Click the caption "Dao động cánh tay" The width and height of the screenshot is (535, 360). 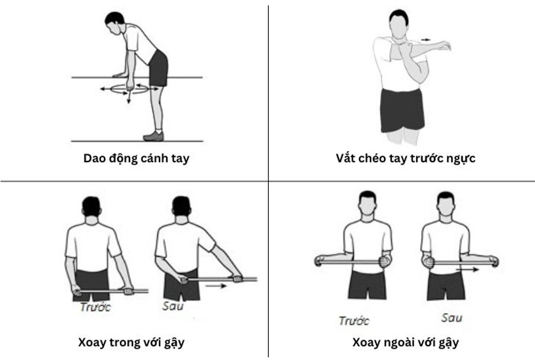pyautogui.click(x=136, y=158)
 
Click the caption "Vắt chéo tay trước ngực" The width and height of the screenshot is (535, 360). pyautogui.click(x=405, y=158)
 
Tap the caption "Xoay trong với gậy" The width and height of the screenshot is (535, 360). pyautogui.click(x=131, y=342)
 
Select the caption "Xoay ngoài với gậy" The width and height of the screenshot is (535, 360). pyautogui.click(x=405, y=342)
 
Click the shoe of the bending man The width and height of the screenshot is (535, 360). pyautogui.click(x=153, y=136)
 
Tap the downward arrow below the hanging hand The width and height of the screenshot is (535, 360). pyautogui.click(x=129, y=97)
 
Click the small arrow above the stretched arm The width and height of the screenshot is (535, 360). pyautogui.click(x=425, y=40)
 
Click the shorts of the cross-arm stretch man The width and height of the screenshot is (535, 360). pyautogui.click(x=402, y=110)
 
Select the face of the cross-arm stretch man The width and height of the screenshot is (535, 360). pyautogui.click(x=399, y=27)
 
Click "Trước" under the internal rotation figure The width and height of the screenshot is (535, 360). pyautogui.click(x=96, y=307)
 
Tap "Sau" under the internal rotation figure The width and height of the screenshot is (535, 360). pyautogui.click(x=173, y=305)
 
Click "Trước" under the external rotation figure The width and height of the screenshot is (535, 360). pyautogui.click(x=354, y=321)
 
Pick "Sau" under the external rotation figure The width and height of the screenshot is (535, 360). pyautogui.click(x=452, y=318)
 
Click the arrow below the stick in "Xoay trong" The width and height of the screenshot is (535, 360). pyautogui.click(x=216, y=286)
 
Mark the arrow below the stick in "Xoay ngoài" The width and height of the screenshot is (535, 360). pyautogui.click(x=468, y=270)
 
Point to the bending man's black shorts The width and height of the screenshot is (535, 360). pyautogui.click(x=158, y=68)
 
